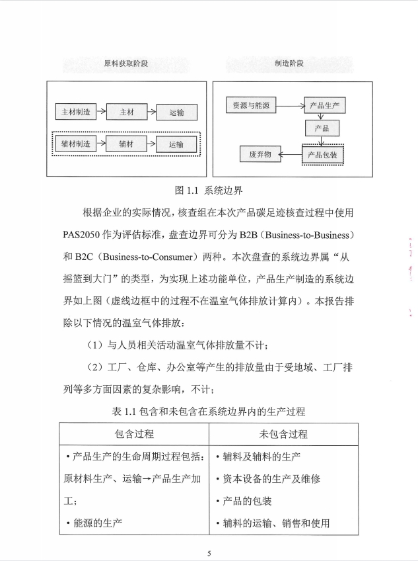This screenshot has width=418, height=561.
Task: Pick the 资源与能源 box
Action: pyautogui.click(x=251, y=105)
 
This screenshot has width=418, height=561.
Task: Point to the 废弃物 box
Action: pyautogui.click(x=260, y=155)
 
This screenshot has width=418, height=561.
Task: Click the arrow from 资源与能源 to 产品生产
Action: pyautogui.click(x=291, y=105)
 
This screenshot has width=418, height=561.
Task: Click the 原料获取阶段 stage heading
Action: pyautogui.click(x=125, y=64)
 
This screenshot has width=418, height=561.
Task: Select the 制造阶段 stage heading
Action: pyautogui.click(x=289, y=64)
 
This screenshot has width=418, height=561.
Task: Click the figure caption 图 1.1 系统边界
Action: pyautogui.click(x=209, y=191)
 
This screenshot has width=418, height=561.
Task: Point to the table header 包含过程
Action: pyautogui.click(x=134, y=434)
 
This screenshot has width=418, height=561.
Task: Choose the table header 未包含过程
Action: pyautogui.click(x=283, y=434)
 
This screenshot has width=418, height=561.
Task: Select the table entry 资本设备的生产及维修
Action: pyautogui.click(x=267, y=478)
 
